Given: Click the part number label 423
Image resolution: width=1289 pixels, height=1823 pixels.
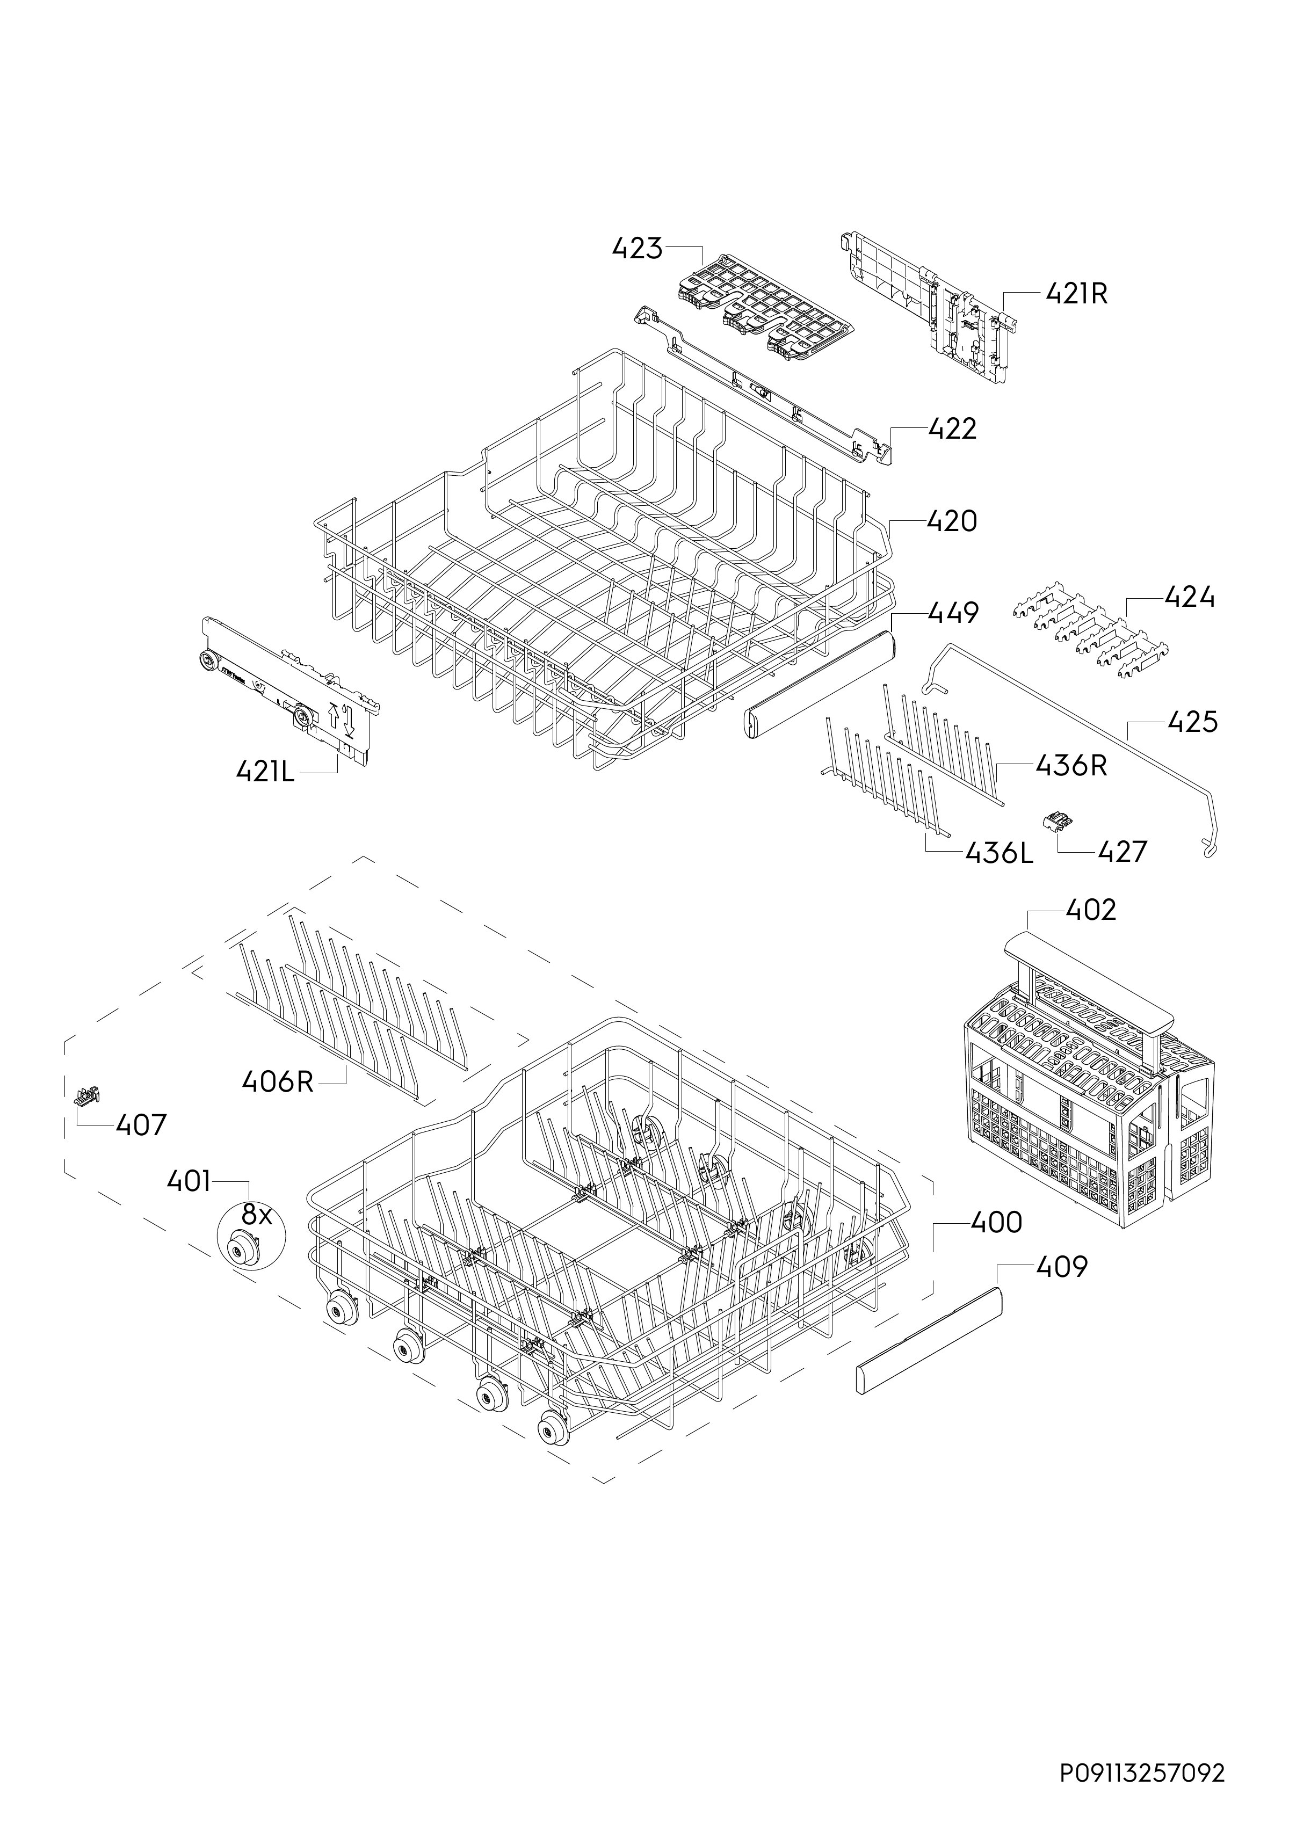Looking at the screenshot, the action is [637, 249].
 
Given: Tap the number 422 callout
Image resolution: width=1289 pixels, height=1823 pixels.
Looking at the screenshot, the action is [952, 428].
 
